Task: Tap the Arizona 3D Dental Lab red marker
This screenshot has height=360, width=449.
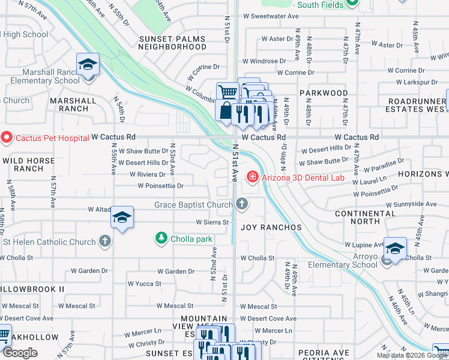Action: (x=253, y=177)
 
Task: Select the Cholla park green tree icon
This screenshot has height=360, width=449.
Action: (x=161, y=239)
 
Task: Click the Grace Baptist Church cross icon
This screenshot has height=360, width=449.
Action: (x=242, y=205)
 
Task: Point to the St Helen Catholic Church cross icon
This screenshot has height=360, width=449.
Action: (x=105, y=242)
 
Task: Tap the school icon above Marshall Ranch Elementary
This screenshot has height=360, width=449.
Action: (x=88, y=64)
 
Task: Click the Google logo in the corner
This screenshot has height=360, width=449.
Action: (x=20, y=353)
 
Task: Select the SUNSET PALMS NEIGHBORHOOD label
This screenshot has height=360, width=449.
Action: (x=172, y=43)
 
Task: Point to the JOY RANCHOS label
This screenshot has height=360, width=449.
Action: (x=271, y=228)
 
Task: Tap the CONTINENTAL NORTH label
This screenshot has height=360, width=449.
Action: (x=366, y=217)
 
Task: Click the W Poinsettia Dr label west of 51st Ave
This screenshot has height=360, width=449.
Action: (x=160, y=186)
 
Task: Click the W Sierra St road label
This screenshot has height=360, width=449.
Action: (x=209, y=222)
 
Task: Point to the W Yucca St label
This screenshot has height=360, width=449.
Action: (x=144, y=283)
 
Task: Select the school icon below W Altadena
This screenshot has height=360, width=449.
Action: (x=122, y=218)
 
